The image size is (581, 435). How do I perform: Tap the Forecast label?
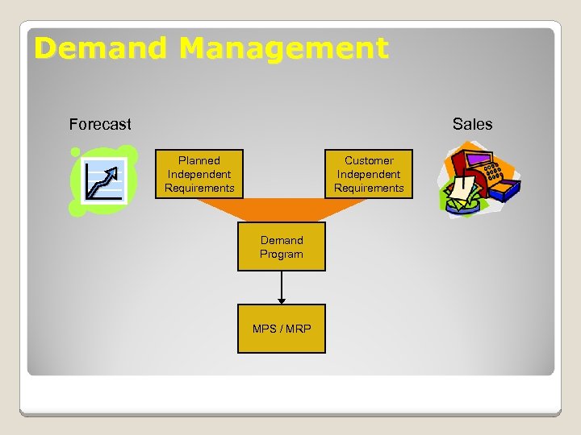(100, 124)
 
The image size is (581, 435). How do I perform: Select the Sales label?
(472, 124)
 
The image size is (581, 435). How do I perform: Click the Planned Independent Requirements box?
(199, 174)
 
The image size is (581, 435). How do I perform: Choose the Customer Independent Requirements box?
(369, 174)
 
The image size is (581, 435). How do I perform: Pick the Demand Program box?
(282, 247)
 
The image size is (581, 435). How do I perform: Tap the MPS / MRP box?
(282, 329)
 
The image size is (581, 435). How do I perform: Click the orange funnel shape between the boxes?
(282, 210)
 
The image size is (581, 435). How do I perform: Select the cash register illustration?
(479, 179)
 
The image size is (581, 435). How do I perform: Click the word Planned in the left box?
(199, 160)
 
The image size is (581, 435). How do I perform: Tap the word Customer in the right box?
(369, 160)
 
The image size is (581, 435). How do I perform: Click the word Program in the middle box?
(282, 255)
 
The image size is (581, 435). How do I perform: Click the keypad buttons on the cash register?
(493, 170)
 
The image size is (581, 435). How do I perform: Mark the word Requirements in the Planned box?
(199, 188)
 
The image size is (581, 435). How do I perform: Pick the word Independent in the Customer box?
(369, 174)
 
